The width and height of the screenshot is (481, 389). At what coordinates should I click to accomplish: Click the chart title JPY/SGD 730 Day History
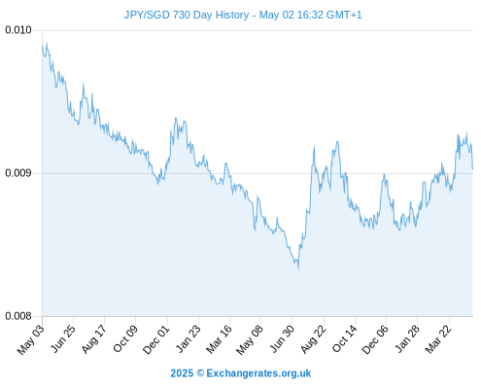pyautogui.click(x=187, y=15)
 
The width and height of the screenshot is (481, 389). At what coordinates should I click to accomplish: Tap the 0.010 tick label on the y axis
pyautogui.click(x=18, y=30)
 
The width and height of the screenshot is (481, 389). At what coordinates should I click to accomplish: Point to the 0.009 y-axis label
pyautogui.click(x=18, y=173)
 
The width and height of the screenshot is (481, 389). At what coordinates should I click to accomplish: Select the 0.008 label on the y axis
pyautogui.click(x=18, y=316)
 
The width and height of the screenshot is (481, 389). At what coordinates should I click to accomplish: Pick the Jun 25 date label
pyautogui.click(x=63, y=338)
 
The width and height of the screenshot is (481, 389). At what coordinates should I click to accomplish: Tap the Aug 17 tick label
pyautogui.click(x=93, y=339)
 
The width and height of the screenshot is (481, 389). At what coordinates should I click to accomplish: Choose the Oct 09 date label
pyautogui.click(x=125, y=338)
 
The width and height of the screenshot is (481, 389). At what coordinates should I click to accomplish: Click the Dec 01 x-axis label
pyautogui.click(x=156, y=339)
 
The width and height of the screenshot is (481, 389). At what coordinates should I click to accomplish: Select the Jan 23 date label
pyautogui.click(x=188, y=338)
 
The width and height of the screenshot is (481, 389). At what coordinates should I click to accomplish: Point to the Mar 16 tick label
pyautogui.click(x=219, y=339)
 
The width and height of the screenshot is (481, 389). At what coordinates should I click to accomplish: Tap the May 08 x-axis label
pyautogui.click(x=250, y=339)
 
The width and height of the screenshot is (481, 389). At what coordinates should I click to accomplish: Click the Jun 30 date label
pyautogui.click(x=282, y=338)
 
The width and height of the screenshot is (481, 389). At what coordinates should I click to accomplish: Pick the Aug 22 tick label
pyautogui.click(x=313, y=339)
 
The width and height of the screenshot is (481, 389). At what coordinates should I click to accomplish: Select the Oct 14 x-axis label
pyautogui.click(x=344, y=338)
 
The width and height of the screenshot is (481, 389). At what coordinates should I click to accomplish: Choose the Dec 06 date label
pyautogui.click(x=375, y=339)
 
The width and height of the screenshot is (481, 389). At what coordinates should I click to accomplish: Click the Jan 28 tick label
pyautogui.click(x=407, y=338)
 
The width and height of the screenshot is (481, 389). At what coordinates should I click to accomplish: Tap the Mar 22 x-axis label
pyautogui.click(x=438, y=339)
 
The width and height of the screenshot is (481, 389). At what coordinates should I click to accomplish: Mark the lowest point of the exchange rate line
pyautogui.click(x=298, y=268)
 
